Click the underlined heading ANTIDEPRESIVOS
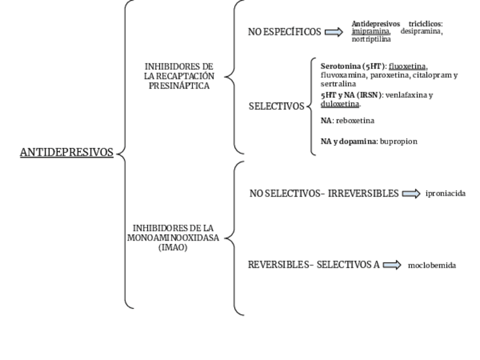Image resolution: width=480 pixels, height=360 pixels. [66, 153]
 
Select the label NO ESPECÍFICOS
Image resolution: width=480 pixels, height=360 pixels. [284, 32]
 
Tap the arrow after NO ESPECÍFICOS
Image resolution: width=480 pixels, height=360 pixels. [334, 32]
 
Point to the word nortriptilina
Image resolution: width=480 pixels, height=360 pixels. [371, 40]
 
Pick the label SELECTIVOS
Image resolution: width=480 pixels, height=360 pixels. [276, 106]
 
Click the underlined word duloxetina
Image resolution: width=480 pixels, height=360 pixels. [340, 104]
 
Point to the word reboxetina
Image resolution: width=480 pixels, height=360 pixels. [355, 121]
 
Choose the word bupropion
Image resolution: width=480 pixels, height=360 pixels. [398, 142]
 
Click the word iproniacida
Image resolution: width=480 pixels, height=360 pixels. [445, 194]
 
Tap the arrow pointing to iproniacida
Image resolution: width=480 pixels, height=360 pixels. [412, 194]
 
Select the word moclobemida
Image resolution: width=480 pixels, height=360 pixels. [432, 265]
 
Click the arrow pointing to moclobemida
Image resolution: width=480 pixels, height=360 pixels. [392, 265]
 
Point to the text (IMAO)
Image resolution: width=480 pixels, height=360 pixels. [173, 248]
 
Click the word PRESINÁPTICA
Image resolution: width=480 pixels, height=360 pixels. [179, 86]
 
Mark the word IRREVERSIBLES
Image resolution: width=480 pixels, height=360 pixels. [363, 194]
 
